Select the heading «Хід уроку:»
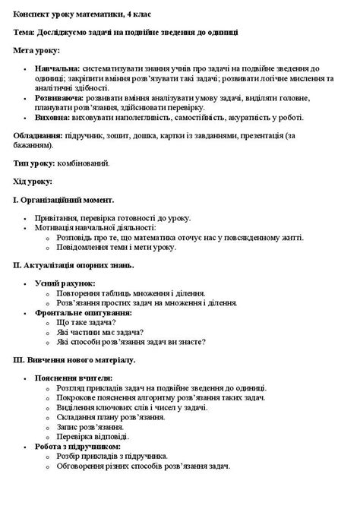point(33,182)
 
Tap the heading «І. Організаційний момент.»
point(64,201)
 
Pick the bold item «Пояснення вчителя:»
point(74,378)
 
